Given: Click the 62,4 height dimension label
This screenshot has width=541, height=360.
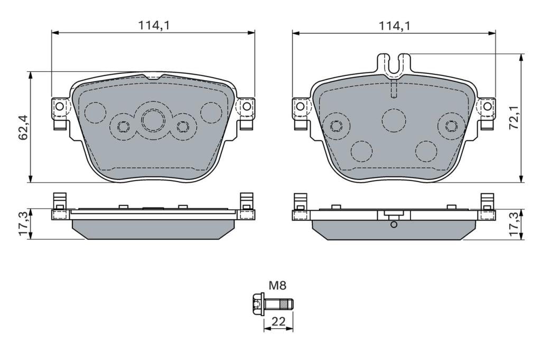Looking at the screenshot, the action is [24, 127].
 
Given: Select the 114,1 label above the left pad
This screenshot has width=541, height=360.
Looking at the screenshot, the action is [154, 25].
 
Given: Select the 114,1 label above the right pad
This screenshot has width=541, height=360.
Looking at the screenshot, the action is [395, 25].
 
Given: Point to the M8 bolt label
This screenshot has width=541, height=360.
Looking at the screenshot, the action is [278, 286].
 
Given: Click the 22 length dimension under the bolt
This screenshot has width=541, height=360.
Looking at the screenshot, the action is [278, 321].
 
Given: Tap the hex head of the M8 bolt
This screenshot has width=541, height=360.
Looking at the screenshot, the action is [257, 304].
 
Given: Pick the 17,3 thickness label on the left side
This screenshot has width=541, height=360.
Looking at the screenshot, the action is [24, 224].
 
